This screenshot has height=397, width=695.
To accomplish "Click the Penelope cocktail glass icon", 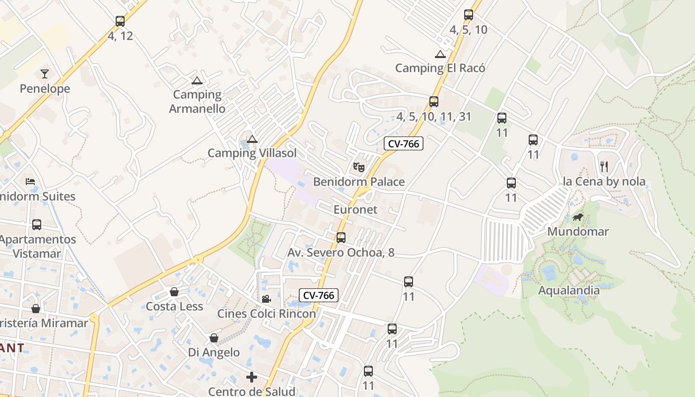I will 45,74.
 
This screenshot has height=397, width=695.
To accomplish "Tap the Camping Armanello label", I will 197,101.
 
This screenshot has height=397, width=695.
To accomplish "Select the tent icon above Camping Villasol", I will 252,139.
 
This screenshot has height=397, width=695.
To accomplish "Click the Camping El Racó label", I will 440,68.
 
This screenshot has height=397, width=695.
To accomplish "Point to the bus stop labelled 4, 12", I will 120,21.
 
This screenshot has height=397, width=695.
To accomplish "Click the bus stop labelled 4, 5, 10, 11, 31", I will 434,102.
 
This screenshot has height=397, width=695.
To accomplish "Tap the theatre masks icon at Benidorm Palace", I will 359,167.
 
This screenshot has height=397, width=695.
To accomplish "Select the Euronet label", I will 355,209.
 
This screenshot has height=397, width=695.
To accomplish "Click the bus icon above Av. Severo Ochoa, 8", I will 341,238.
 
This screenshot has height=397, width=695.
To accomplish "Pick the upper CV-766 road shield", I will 404,144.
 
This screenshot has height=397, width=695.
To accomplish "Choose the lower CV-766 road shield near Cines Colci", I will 319,295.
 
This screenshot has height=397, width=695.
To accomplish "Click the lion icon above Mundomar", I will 577,217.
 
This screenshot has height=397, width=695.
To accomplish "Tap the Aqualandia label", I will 569,290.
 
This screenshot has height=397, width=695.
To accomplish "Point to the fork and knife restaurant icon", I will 604,166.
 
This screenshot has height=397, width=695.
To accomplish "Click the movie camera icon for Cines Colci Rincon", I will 266,299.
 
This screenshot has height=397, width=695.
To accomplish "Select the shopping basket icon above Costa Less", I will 174,292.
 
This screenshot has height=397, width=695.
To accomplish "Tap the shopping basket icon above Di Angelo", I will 214,338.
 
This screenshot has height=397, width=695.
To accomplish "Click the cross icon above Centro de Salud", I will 252,377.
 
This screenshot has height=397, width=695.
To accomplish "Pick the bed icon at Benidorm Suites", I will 30,182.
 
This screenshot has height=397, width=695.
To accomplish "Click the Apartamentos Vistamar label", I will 37,246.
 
